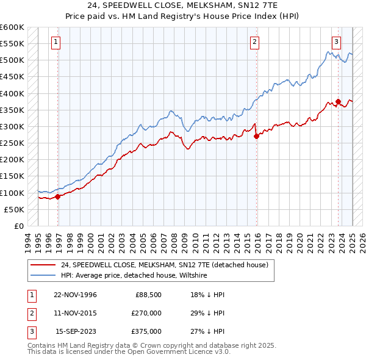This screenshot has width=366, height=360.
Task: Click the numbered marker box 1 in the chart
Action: click(x=56, y=42)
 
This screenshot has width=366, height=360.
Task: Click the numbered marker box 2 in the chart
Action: click(x=254, y=42)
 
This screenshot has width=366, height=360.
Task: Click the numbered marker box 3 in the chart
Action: click(x=336, y=42)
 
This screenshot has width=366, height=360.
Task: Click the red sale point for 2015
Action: click(x=256, y=137)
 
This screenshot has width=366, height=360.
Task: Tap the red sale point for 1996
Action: click(x=58, y=196)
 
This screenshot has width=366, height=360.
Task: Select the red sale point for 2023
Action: click(x=338, y=102)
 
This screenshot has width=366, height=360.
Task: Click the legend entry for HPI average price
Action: click(x=134, y=276)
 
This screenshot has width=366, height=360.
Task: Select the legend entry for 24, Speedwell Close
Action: click(x=165, y=265)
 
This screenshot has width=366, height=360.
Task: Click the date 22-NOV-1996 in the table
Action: click(x=75, y=295)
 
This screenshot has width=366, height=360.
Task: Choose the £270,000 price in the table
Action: click(x=146, y=313)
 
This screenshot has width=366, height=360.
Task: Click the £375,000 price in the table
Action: click(x=146, y=331)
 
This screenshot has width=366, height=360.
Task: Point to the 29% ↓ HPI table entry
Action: click(x=203, y=313)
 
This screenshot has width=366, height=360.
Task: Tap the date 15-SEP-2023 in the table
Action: click(x=76, y=331)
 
